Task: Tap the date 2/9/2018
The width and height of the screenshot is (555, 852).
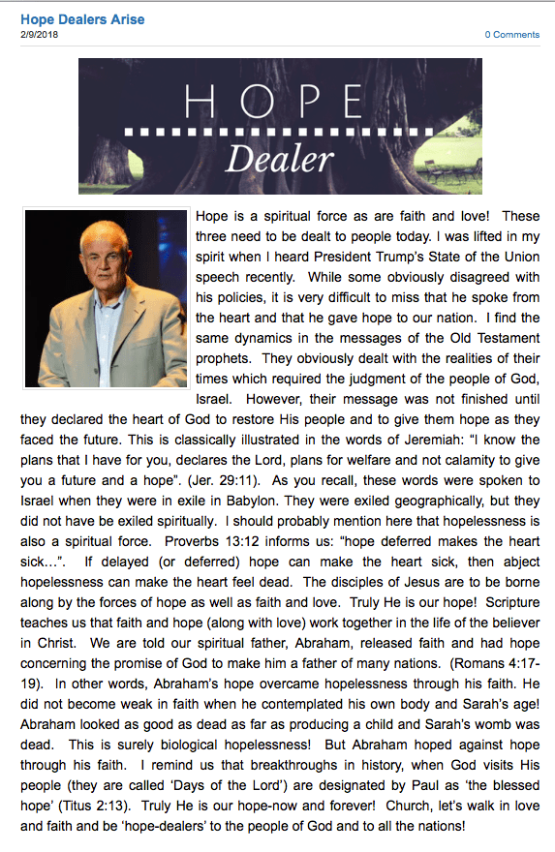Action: pos(38,34)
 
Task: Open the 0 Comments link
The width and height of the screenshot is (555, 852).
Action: pos(512,35)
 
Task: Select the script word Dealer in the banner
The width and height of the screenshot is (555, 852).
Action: pos(280,158)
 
